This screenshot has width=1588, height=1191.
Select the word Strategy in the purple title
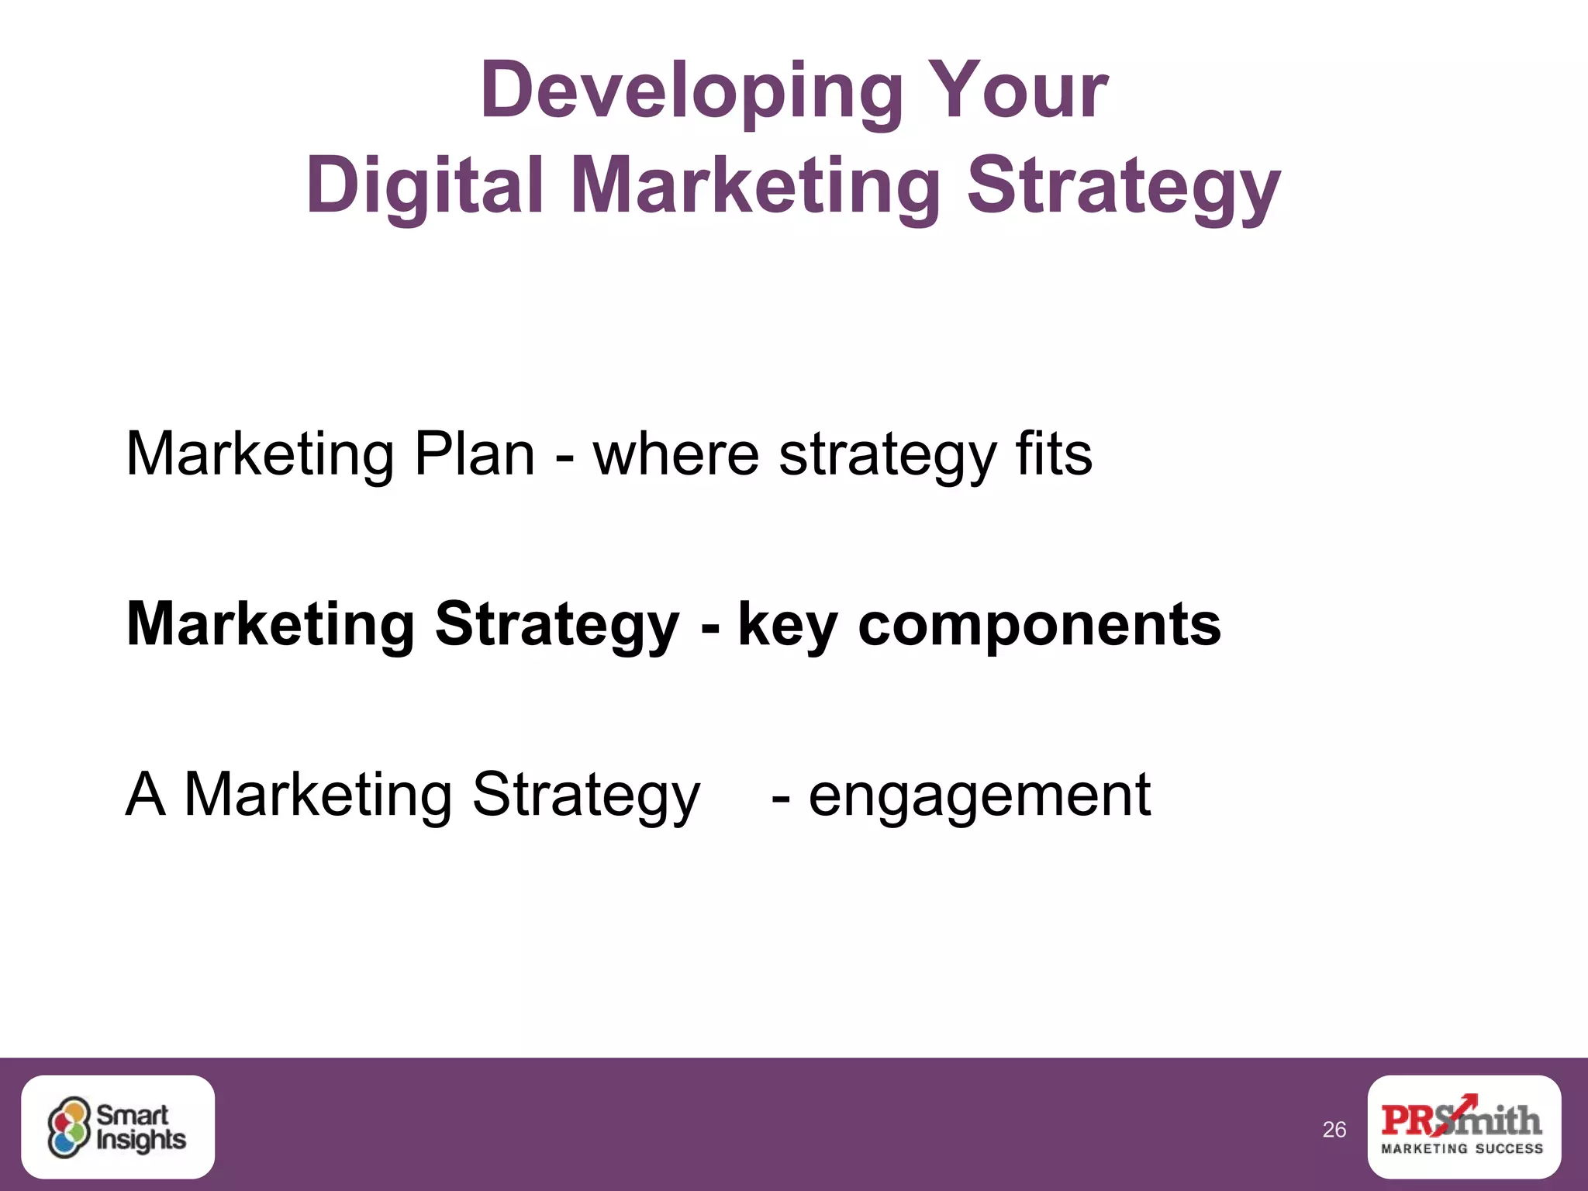(x=1124, y=186)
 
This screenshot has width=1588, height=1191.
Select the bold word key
(x=787, y=625)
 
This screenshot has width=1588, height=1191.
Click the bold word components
(x=1039, y=625)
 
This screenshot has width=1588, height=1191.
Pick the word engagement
(x=979, y=796)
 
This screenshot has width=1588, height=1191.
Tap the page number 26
(x=1334, y=1130)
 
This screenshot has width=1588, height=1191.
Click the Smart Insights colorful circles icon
(x=69, y=1127)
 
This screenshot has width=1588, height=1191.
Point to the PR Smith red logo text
(x=1461, y=1119)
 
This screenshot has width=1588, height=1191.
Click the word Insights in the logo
(x=141, y=1140)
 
